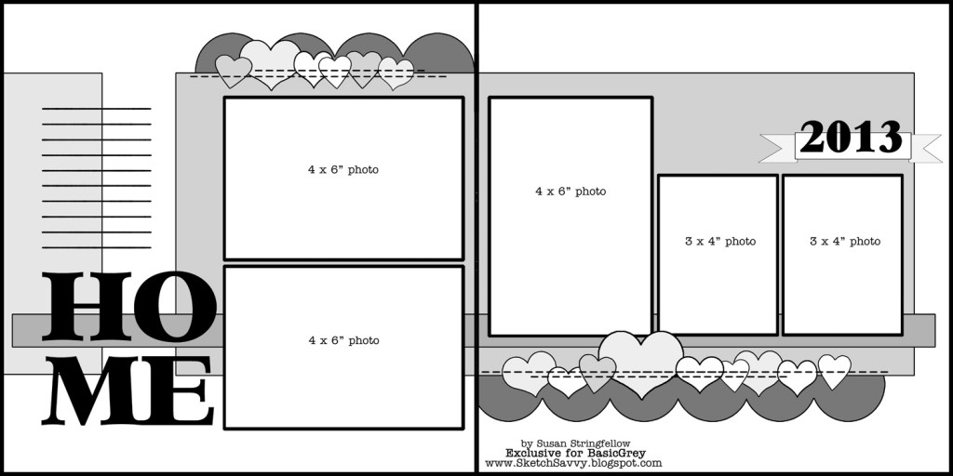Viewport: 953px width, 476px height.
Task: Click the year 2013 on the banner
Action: pyautogui.click(x=851, y=138)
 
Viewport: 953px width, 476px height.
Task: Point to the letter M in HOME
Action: pyautogui.click(x=93, y=393)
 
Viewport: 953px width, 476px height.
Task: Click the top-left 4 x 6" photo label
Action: pyautogui.click(x=343, y=170)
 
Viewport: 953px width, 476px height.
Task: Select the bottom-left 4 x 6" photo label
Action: pyautogui.click(x=343, y=341)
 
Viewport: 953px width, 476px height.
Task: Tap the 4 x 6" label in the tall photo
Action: pyautogui.click(x=570, y=192)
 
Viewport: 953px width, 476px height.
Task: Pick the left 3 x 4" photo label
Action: pyautogui.click(x=720, y=242)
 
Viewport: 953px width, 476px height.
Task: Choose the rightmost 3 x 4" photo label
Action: pyautogui.click(x=845, y=242)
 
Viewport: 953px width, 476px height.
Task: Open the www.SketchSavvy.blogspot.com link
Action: pyautogui.click(x=573, y=463)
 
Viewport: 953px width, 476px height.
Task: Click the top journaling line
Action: pyautogui.click(x=97, y=109)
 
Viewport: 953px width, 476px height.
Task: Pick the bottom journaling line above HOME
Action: pyautogui.click(x=97, y=247)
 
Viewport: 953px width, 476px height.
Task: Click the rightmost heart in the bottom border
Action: pyautogui.click(x=834, y=370)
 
